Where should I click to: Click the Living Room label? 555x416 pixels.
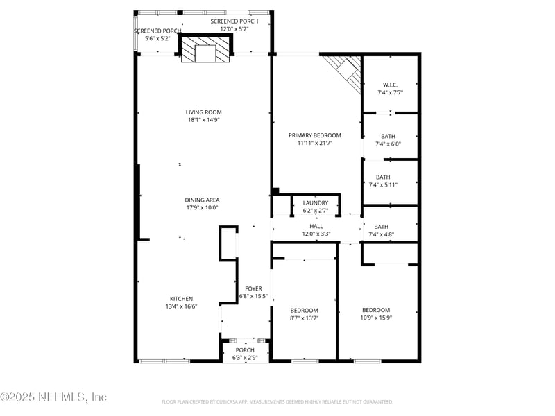tap(203, 112)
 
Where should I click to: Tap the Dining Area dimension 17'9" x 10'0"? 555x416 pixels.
tap(202, 207)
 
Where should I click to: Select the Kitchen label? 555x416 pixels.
tap(181, 299)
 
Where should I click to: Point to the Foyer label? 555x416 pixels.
tap(253, 288)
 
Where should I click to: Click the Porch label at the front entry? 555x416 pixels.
tap(245, 349)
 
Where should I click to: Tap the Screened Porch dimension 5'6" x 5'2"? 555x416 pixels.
tap(157, 38)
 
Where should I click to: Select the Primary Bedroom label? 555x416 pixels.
tap(315, 135)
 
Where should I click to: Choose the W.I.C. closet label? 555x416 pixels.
tap(389, 85)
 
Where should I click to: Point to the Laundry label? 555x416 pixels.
tap(315, 203)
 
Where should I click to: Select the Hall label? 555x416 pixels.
tap(316, 226)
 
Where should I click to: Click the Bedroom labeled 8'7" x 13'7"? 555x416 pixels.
tap(304, 310)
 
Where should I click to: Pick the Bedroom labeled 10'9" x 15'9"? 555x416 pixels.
tap(376, 310)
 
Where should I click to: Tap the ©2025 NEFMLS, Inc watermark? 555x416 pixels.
tap(53, 397)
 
